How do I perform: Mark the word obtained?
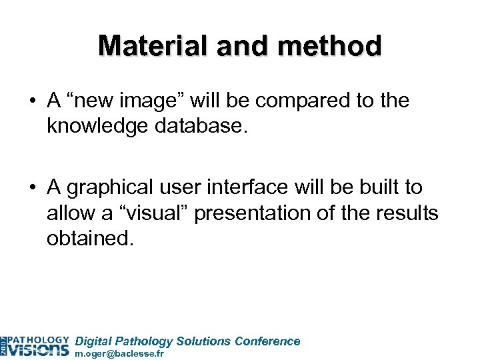pos(90,237)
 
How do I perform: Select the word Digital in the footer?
pos(95,341)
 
